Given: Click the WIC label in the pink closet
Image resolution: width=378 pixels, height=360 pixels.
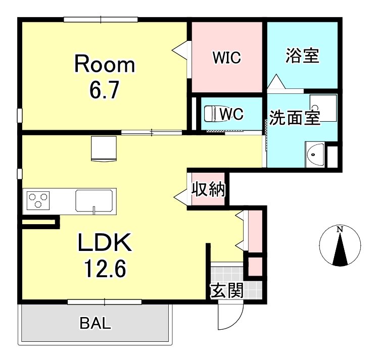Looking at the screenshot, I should pyautogui.click(x=226, y=58).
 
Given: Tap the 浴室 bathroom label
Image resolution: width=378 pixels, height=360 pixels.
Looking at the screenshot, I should pyautogui.click(x=302, y=56).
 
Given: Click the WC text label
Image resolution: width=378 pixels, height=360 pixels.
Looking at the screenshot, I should pyautogui.click(x=232, y=114).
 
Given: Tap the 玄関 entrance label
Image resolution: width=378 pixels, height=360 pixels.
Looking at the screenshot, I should pyautogui.click(x=227, y=290).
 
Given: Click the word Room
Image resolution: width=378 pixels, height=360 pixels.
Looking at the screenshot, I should pyautogui.click(x=105, y=65).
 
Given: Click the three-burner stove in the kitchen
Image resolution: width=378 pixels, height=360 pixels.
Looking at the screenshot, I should pyautogui.click(x=37, y=200).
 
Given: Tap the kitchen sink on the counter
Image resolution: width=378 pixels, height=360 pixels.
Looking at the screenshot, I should pyautogui.click(x=96, y=200).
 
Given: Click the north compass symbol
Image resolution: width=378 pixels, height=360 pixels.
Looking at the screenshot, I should pyautogui.click(x=340, y=247).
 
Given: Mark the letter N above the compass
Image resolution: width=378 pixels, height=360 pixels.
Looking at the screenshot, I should pyautogui.click(x=340, y=230).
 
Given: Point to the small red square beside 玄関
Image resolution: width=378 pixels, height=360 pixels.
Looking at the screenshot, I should pyautogui.click(x=254, y=266).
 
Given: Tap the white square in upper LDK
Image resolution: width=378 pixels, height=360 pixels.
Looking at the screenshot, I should pyautogui.click(x=104, y=148).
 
